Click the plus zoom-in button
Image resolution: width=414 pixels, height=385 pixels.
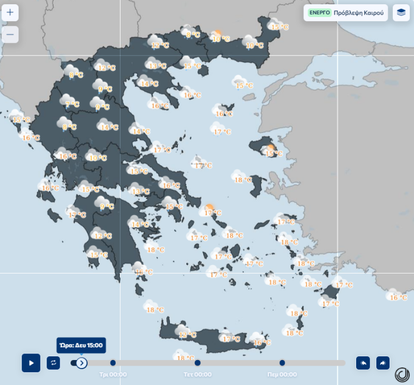(x=10, y=13)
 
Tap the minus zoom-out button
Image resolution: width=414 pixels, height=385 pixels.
(x=10, y=35)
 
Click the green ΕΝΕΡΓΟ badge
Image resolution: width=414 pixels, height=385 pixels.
(x=319, y=13)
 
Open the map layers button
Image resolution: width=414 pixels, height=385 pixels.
(x=401, y=13)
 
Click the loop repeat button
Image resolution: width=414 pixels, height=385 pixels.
(x=53, y=363)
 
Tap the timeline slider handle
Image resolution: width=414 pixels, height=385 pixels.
(x=81, y=363)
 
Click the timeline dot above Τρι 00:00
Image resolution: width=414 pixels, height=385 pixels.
(x=113, y=363)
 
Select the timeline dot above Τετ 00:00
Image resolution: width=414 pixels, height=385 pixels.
(x=198, y=363)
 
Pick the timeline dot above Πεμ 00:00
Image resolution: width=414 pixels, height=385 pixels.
(x=282, y=363)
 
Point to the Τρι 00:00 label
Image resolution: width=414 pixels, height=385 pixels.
(x=113, y=375)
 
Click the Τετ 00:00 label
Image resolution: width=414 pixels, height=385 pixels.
(x=198, y=375)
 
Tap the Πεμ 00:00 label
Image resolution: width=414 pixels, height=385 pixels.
(x=282, y=375)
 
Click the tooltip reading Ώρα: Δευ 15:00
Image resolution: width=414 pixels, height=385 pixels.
(x=81, y=345)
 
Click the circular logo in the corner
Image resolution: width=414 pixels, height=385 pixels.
(x=402, y=375)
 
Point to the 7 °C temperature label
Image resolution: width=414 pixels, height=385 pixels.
(x=72, y=104)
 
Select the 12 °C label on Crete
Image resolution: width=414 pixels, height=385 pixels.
(x=187, y=335)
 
